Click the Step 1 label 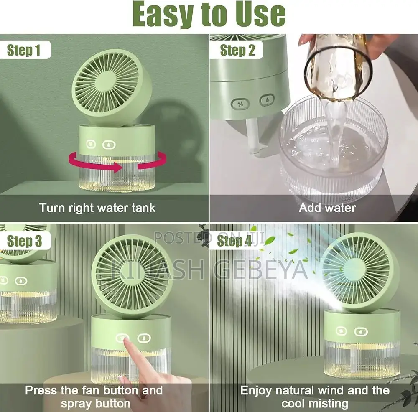[24, 51]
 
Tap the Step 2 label [237, 51]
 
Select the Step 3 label [25, 241]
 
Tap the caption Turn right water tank [97, 208]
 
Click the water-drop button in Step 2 [267, 100]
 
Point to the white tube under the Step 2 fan [252, 136]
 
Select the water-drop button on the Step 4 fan [361, 332]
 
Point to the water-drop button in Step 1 [108, 145]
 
